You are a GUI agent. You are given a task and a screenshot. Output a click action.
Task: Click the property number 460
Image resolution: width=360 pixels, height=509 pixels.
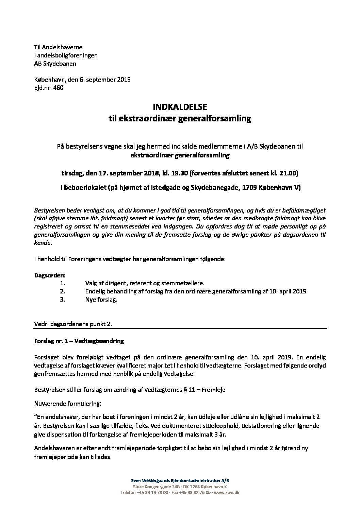pyautogui.click(x=58, y=87)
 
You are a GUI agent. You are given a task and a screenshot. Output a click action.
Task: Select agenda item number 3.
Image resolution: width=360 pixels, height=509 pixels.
pyautogui.click(x=62, y=300)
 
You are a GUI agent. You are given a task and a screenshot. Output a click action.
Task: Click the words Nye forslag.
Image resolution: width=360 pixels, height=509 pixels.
pyautogui.click(x=101, y=300)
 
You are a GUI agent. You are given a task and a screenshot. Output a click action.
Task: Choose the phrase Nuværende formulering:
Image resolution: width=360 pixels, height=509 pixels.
pyautogui.click(x=68, y=404)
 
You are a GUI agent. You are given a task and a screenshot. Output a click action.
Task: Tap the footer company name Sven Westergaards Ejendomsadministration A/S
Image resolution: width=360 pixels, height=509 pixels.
pyautogui.click(x=180, y=480)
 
